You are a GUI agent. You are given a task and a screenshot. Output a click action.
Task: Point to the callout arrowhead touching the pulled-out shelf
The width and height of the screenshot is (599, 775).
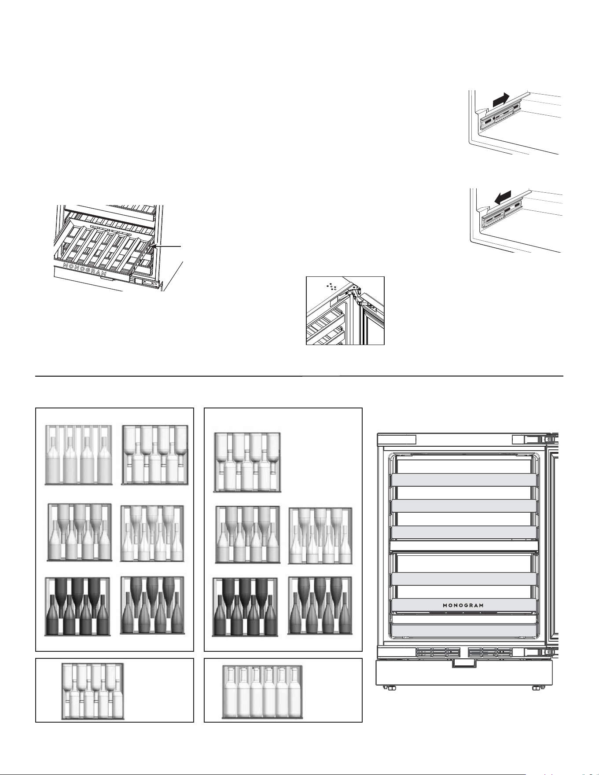[154, 248]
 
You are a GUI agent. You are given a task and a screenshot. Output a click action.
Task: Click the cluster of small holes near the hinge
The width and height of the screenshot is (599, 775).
[331, 286]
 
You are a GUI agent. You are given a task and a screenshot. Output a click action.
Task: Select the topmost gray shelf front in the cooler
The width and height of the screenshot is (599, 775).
[464, 480]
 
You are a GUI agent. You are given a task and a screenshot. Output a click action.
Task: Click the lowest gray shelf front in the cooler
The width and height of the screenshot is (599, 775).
[464, 631]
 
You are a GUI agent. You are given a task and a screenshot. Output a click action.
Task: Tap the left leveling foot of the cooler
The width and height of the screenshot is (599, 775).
[391, 687]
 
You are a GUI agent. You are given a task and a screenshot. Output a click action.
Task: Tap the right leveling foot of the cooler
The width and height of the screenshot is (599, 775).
[536, 687]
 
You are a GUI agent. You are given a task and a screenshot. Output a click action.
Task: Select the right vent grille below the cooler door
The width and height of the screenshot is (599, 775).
[490, 652]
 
